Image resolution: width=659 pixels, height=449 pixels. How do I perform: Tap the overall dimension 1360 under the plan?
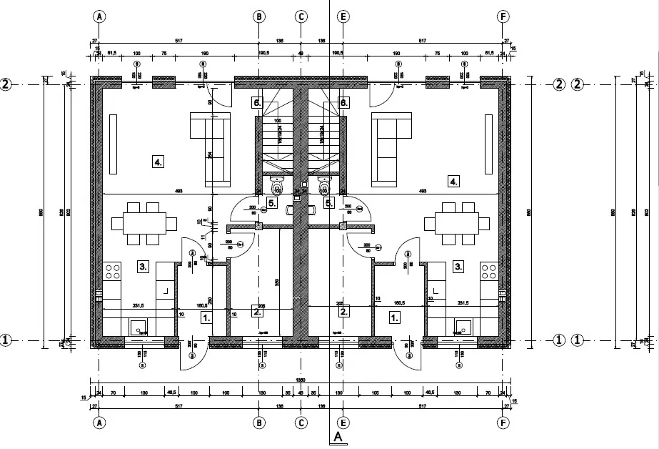click(301, 380)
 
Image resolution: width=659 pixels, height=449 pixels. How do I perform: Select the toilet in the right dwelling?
click(325, 185)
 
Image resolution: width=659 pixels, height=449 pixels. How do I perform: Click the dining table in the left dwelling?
click(144, 222)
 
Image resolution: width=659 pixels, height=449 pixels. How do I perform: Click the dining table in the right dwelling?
click(458, 222)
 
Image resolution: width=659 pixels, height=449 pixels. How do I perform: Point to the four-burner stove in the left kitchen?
click(113, 271)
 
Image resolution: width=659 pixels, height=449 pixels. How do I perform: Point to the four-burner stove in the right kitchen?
click(489, 271)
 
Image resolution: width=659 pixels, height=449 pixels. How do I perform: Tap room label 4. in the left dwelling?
click(158, 162)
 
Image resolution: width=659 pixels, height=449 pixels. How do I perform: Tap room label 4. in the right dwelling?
click(453, 181)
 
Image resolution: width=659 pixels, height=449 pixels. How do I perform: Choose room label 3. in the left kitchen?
click(143, 267)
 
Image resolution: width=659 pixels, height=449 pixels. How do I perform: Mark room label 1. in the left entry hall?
click(206, 317)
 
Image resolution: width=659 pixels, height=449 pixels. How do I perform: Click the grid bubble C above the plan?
click(301, 16)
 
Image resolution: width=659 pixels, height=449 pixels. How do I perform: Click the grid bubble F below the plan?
click(505, 423)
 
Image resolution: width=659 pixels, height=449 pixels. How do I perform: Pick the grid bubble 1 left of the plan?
click(6, 340)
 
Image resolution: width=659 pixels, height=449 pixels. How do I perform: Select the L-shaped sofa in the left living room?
click(212, 147)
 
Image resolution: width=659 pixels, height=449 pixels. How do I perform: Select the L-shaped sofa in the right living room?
click(391, 147)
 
